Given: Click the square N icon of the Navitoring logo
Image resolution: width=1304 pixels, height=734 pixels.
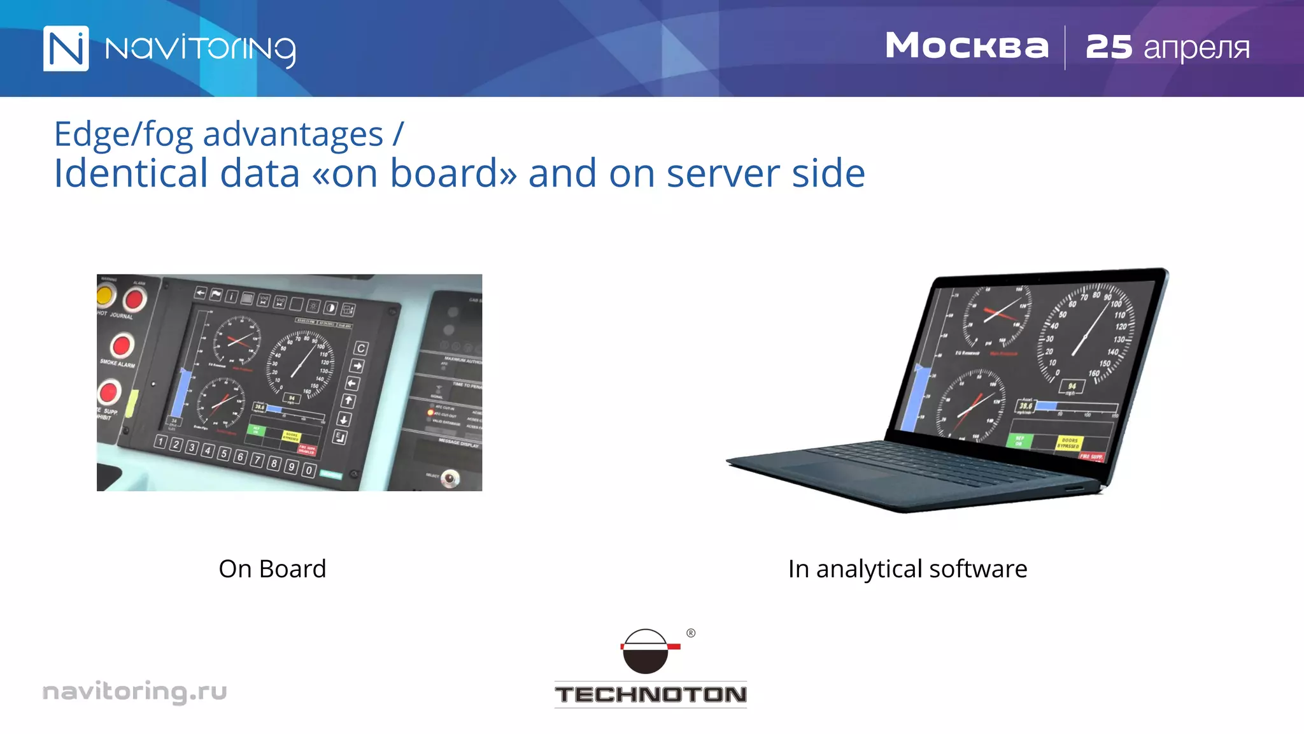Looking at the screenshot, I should [x=66, y=48].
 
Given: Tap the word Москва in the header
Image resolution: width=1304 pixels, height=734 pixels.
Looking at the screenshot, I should [x=967, y=47].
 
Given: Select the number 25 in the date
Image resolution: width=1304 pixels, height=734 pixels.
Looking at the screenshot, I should [x=1109, y=47].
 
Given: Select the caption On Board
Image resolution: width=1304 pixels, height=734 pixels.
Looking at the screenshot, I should [x=272, y=568].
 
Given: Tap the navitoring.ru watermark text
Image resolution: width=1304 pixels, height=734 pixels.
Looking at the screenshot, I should [x=134, y=691].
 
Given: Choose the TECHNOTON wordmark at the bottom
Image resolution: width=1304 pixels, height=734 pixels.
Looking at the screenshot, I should [x=650, y=694].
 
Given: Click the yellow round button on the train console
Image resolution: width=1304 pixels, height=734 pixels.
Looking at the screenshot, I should [x=105, y=295].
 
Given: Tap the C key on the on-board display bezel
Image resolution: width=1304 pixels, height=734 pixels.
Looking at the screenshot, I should [x=360, y=349].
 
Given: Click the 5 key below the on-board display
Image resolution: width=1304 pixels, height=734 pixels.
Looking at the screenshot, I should [x=223, y=453].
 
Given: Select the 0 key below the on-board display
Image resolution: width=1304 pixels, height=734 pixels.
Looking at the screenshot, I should [x=308, y=470].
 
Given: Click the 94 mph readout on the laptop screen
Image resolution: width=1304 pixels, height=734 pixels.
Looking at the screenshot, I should [x=1072, y=386].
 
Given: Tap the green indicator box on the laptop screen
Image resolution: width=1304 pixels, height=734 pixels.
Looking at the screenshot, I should [x=1019, y=440].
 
